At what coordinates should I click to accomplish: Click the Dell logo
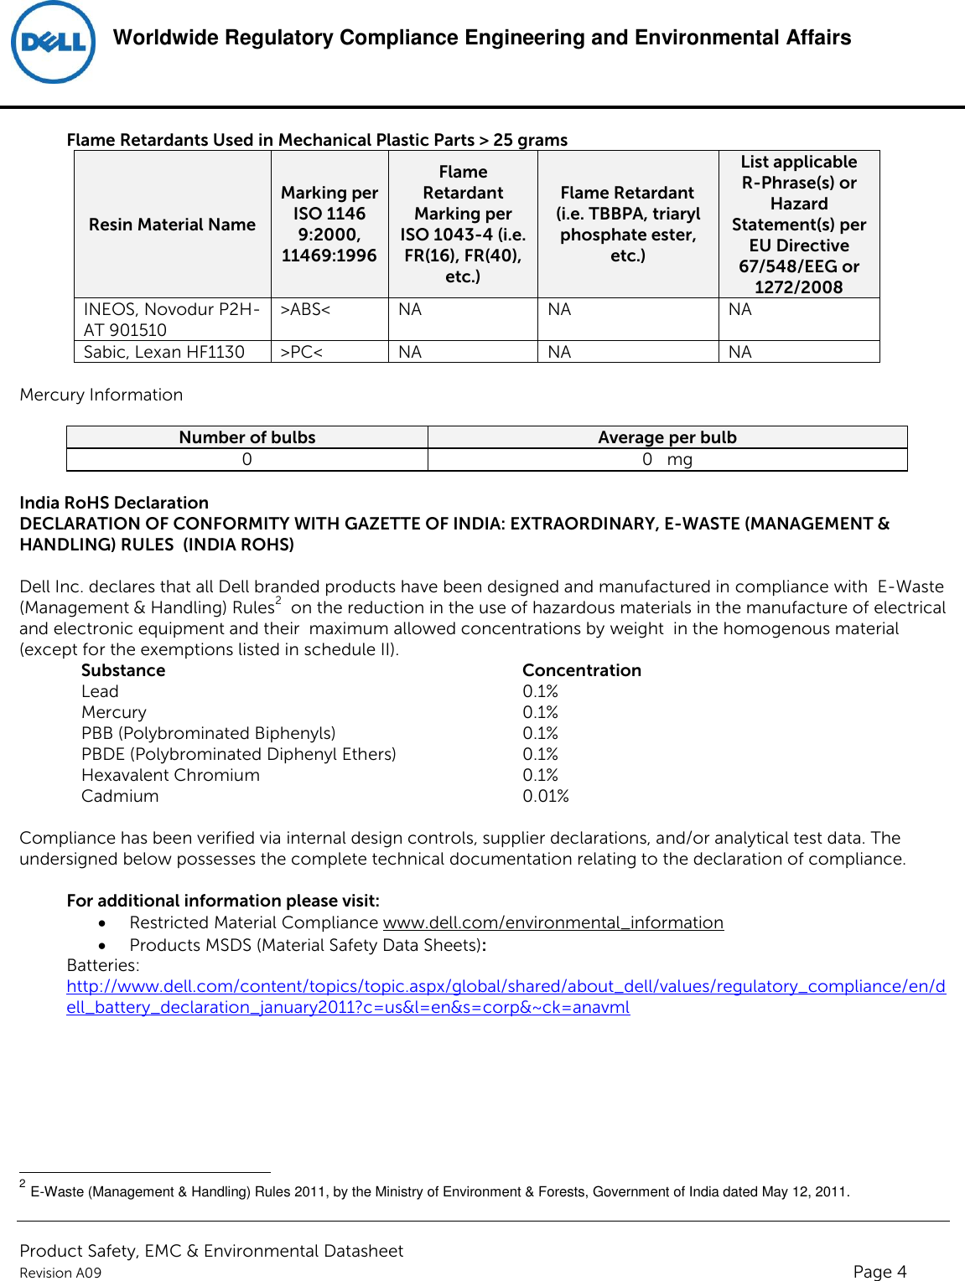tap(53, 43)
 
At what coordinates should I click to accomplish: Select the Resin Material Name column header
tap(172, 225)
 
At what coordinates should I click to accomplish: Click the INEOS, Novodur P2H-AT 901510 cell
tap(171, 319)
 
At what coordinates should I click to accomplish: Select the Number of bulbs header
tap(247, 437)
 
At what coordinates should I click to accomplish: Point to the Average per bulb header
tap(667, 437)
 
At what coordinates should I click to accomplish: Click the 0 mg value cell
tap(667, 459)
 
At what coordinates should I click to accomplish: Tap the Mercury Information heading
tap(101, 395)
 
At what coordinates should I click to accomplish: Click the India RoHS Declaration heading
tap(114, 503)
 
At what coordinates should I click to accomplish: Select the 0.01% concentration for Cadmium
tap(545, 796)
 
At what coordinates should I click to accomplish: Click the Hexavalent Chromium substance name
tap(170, 775)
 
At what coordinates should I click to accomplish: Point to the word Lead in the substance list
tap(100, 691)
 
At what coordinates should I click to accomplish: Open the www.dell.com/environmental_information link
tap(553, 922)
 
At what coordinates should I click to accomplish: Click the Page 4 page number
tap(879, 1271)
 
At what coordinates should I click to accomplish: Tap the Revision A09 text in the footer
tap(60, 1273)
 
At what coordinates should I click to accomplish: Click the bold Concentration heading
tap(581, 670)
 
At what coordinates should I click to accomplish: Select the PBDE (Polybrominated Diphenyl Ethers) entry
tap(238, 754)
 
